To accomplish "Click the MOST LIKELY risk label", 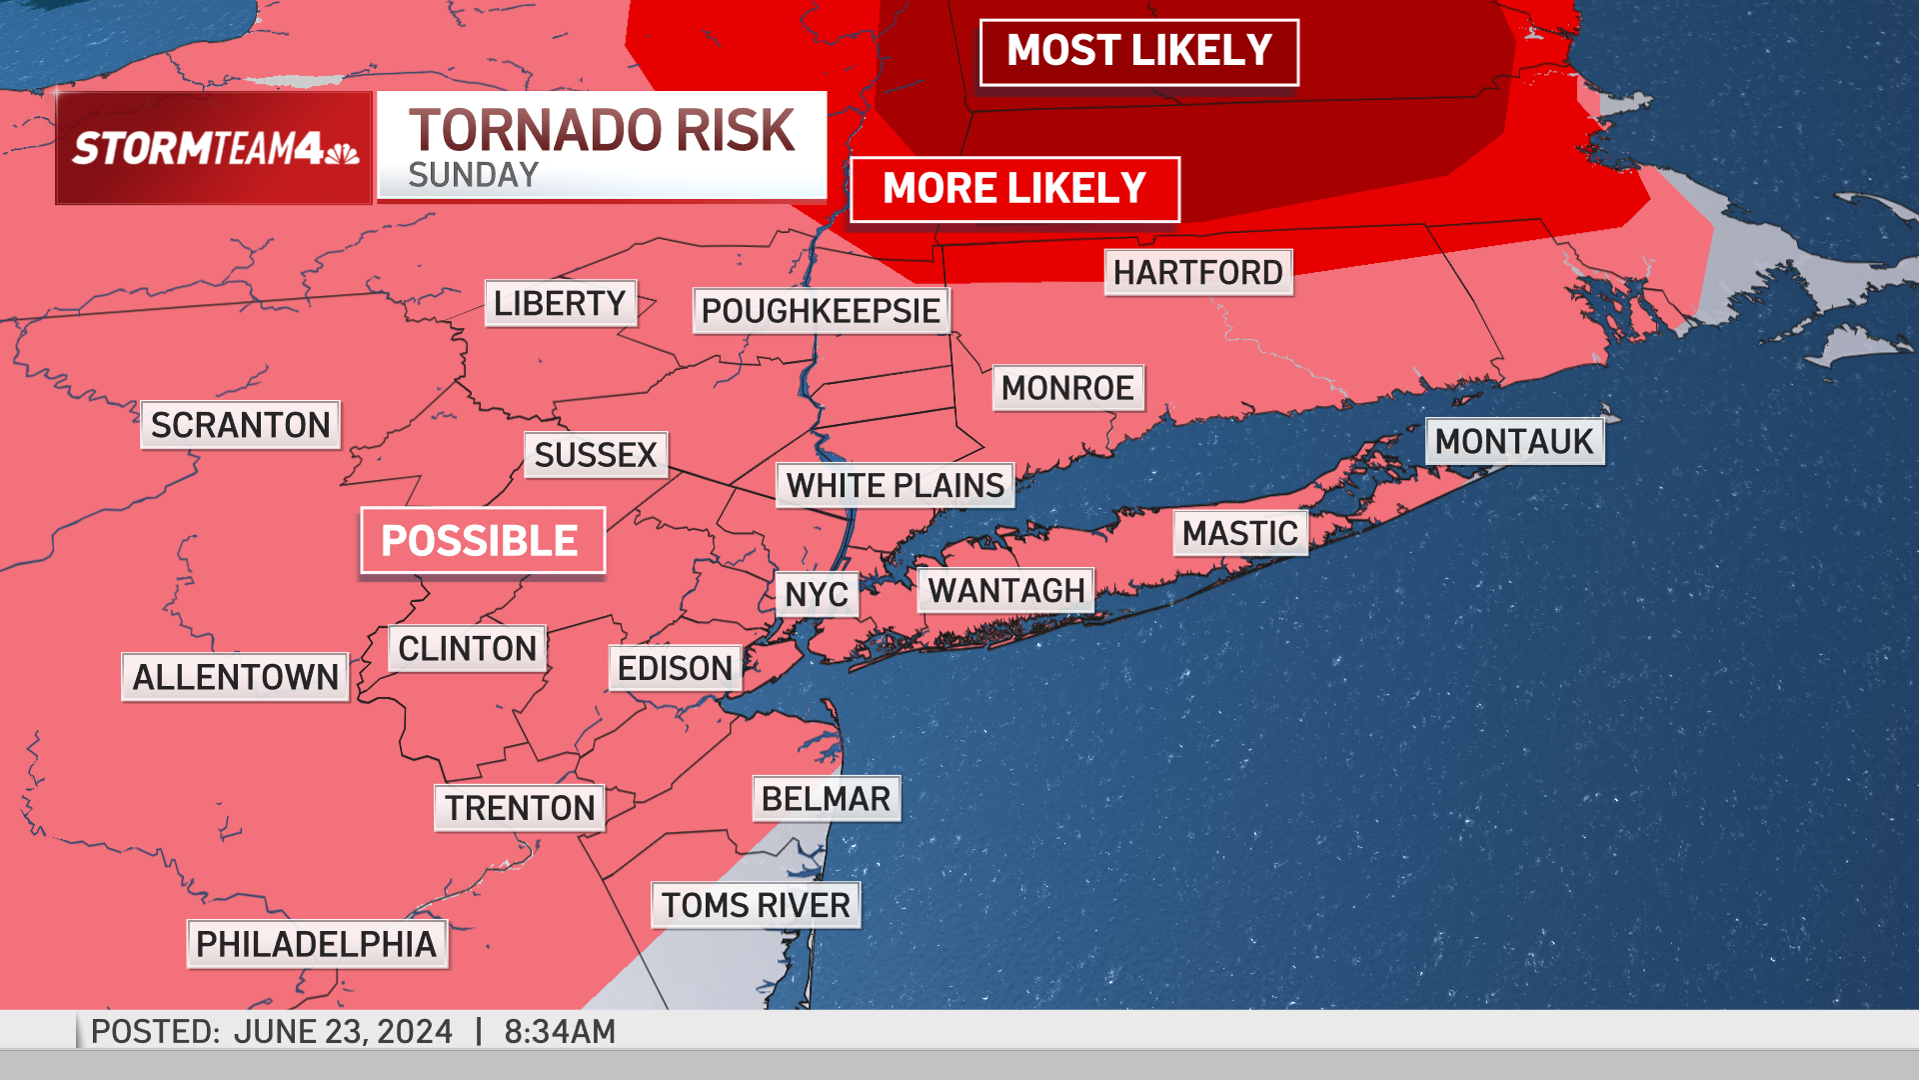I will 1138,52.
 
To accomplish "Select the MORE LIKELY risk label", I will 1014,189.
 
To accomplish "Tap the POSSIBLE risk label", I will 482,541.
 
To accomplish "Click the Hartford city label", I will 1197,272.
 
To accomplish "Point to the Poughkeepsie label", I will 821,311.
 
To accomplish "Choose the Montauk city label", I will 1514,442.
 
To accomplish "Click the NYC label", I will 817,595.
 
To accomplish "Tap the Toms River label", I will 756,906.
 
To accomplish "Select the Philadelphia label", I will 317,945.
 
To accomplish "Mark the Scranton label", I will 240,425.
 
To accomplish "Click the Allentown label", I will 235,678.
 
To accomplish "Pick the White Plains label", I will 895,486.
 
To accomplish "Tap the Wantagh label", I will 1005,591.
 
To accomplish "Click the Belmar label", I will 826,799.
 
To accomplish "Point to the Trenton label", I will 520,808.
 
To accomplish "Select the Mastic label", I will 1239,534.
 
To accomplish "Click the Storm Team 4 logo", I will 214,149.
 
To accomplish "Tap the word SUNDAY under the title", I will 473,176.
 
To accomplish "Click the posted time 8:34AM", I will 559,1032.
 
